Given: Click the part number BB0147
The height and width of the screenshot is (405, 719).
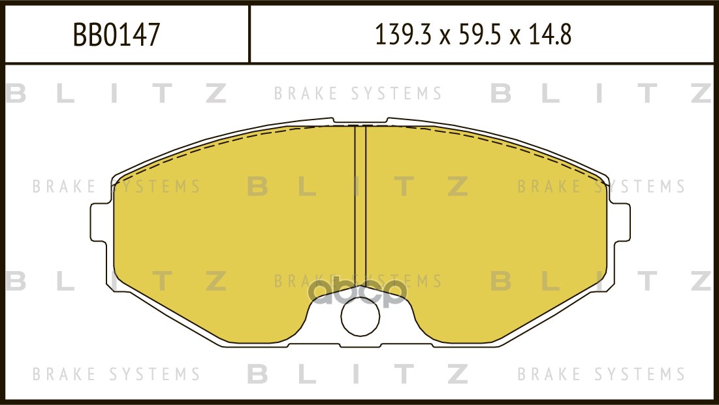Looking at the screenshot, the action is point(116,35).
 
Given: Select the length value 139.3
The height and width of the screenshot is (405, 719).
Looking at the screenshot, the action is point(404,35).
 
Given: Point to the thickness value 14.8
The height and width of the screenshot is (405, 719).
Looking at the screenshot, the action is point(549,35).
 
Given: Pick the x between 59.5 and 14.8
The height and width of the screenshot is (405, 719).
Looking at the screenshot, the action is point(515,37).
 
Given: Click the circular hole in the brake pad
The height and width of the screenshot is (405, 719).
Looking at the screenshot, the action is point(360,316).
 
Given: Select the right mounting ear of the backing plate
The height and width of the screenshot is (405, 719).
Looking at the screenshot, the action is point(620,222).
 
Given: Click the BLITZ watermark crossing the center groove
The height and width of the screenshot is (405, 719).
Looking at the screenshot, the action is point(358,186).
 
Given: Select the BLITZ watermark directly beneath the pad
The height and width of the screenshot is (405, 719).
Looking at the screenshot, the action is point(358,374).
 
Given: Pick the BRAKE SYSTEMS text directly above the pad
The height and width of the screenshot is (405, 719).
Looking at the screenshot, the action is point(358,93).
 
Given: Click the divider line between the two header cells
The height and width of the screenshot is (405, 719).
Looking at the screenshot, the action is point(249,33).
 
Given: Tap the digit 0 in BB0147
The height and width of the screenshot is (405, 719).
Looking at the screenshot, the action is point(108,35).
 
